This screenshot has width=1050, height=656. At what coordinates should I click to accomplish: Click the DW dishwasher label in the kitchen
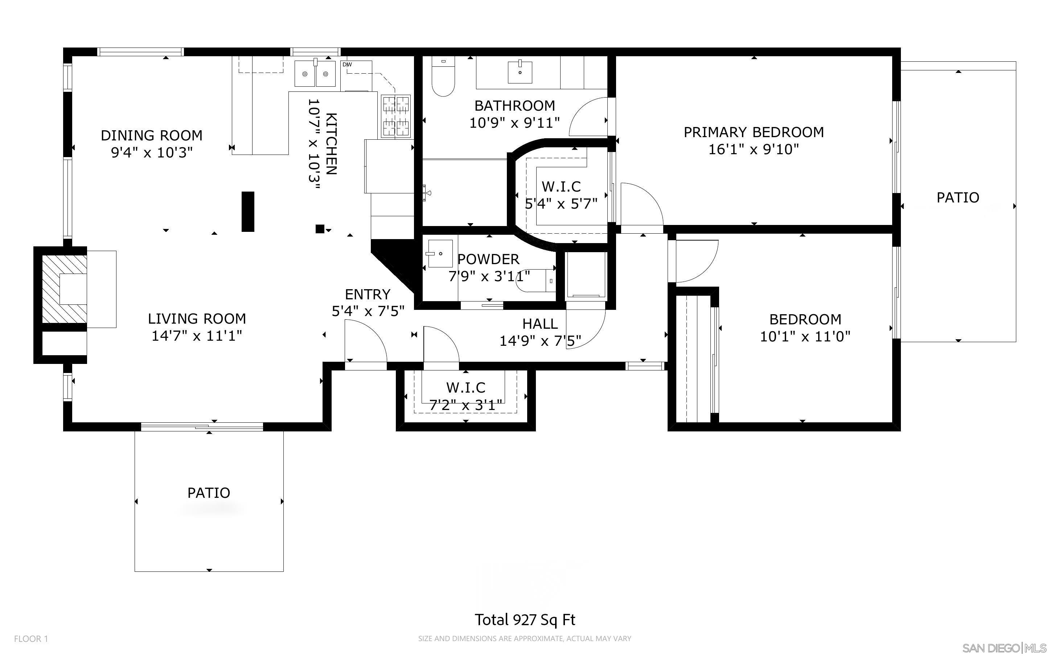click(347, 65)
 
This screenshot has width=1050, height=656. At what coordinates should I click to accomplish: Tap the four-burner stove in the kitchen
click(395, 116)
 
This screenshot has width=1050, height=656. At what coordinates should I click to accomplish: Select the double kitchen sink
click(315, 74)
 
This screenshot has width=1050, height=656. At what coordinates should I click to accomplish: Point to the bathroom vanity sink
click(520, 72)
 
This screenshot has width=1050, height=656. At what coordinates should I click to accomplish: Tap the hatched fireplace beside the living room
click(64, 289)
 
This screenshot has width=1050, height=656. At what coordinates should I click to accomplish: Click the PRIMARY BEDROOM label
click(753, 132)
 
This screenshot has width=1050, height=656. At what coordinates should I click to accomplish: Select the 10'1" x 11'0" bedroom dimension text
click(805, 337)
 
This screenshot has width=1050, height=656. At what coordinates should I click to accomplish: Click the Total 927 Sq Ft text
click(525, 620)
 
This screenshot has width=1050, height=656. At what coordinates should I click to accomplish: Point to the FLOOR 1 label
click(31, 639)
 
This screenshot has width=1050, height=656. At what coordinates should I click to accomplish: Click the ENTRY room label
click(367, 295)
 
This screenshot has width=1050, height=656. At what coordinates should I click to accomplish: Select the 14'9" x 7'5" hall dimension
click(540, 341)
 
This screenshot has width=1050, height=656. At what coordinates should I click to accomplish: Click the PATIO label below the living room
click(209, 493)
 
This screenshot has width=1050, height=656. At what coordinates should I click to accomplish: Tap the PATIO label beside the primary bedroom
click(957, 198)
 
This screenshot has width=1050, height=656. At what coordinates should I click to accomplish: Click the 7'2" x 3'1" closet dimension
click(466, 405)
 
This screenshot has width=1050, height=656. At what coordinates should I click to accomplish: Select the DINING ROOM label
click(151, 135)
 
